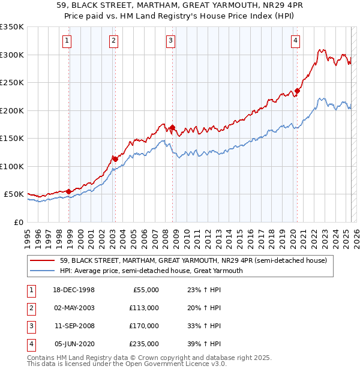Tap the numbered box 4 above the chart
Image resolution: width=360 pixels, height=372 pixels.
pos(296,41)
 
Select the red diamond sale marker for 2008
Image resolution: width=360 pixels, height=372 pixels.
pos(172,127)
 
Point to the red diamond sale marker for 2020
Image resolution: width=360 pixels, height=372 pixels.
pos(297,91)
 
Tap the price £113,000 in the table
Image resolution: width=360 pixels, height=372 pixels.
pos(145,308)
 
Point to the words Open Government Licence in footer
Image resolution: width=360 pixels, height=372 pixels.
pos(170,364)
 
